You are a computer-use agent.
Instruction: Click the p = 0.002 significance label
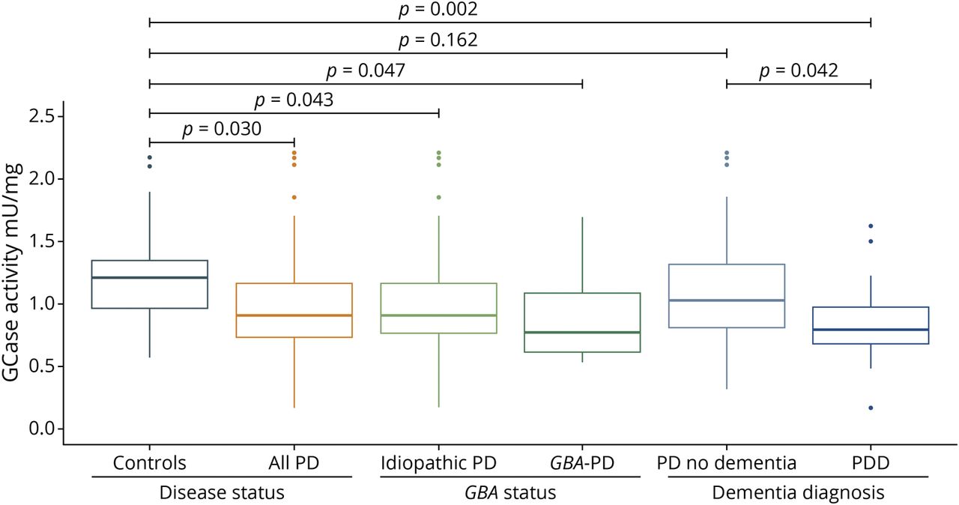438,10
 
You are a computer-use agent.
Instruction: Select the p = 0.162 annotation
438,40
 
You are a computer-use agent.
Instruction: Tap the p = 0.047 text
366,71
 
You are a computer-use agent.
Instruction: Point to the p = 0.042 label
799,71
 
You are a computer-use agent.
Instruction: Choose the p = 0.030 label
222,130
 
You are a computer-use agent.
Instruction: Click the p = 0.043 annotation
294,100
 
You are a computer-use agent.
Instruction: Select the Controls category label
150,463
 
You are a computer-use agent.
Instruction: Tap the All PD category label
294,463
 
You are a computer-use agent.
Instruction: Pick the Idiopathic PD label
438,463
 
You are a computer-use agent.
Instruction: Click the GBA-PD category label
583,463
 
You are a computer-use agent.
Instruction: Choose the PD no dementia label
726,463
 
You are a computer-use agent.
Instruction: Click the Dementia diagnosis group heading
799,493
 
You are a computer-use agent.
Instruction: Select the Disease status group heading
222,493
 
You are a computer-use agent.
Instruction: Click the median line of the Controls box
150,278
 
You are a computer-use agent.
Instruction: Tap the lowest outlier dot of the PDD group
871,408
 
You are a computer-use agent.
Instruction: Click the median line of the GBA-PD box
583,332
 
